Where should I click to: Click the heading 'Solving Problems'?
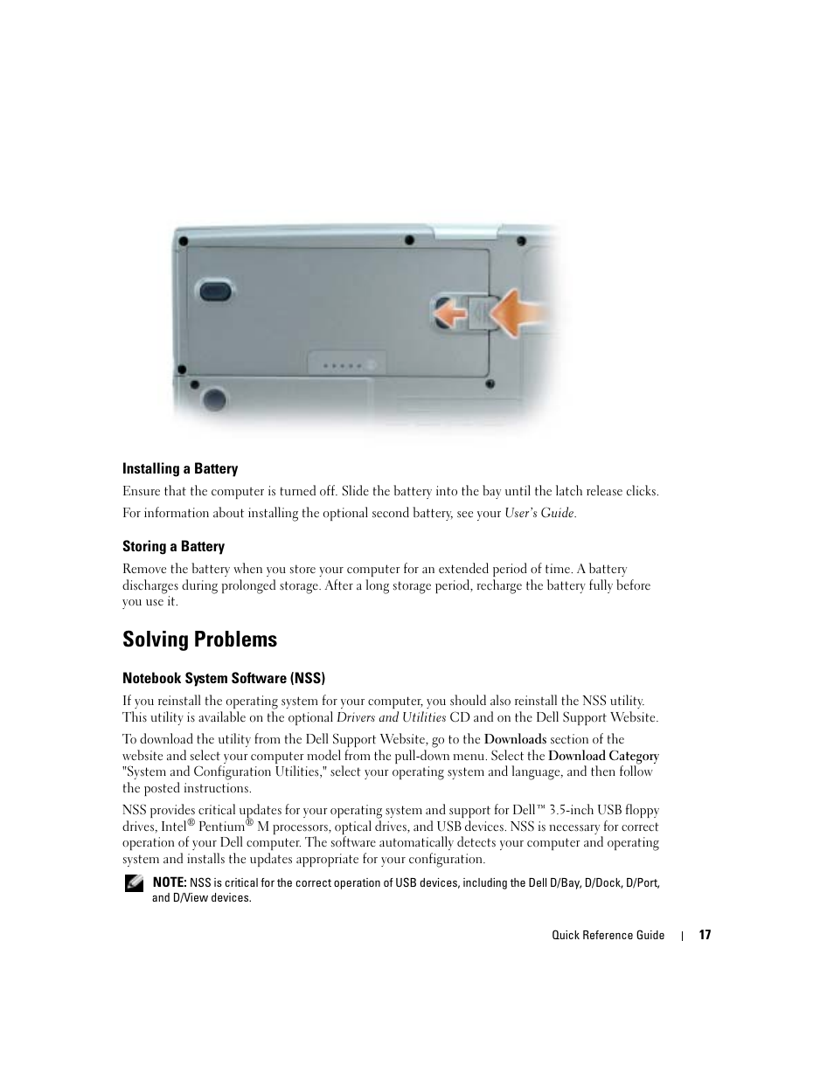click(199, 640)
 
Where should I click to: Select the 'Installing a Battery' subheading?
click(180, 469)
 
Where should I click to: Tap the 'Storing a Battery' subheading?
click(173, 547)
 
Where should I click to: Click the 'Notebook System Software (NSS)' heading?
click(224, 678)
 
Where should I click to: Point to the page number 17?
click(705, 935)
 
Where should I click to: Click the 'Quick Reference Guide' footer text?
click(608, 935)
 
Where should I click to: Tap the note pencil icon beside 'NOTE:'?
click(134, 883)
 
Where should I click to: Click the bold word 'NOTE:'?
click(170, 882)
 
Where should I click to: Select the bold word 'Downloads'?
click(515, 739)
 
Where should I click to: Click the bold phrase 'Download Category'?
click(603, 756)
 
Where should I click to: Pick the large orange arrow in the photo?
click(523, 313)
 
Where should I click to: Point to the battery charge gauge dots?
click(347, 364)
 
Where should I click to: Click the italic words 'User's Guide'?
click(539, 514)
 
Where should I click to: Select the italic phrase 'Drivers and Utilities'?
click(391, 717)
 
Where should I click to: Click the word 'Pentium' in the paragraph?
click(221, 827)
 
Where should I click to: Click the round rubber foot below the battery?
click(212, 399)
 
